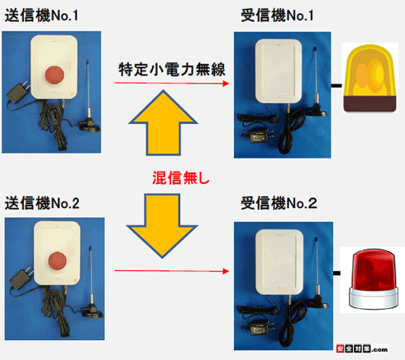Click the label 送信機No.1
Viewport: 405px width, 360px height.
(41, 16)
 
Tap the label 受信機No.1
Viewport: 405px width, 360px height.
(277, 16)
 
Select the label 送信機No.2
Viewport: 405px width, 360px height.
(42, 203)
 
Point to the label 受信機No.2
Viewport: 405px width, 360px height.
(279, 203)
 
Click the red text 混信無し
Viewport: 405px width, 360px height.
(181, 178)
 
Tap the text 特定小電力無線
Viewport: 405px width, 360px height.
(172, 69)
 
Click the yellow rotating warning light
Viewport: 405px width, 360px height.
(370, 78)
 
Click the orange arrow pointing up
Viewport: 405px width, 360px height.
(164, 123)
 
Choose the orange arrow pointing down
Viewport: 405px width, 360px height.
(162, 225)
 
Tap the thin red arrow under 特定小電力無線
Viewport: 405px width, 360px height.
(172, 83)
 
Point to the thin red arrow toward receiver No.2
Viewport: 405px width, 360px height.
(172, 271)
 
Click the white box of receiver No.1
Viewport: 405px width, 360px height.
(279, 71)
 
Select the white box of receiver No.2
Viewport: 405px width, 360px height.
(279, 262)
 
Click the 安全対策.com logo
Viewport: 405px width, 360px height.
(362, 348)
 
